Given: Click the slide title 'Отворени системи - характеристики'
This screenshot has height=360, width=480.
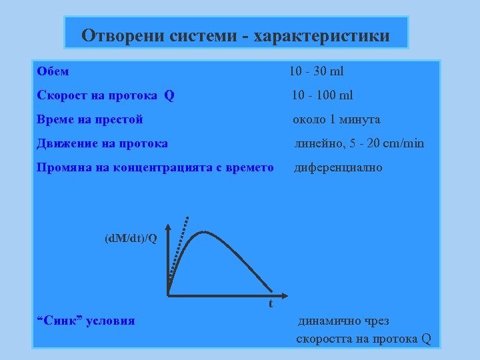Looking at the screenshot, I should (x=235, y=35).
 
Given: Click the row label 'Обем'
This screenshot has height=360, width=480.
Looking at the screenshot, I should (x=53, y=71).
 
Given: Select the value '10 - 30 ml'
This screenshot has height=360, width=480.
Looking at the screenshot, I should (x=316, y=71).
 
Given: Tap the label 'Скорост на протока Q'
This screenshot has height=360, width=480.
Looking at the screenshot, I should (x=105, y=95).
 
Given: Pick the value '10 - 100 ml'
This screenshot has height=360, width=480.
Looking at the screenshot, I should (x=323, y=95).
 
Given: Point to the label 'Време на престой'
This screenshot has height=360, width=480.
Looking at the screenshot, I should (x=90, y=119).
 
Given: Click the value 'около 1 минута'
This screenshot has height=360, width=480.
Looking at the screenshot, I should (x=337, y=119).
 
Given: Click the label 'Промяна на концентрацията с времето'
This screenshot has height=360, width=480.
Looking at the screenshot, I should (x=155, y=167).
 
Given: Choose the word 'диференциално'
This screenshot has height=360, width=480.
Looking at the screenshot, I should (x=339, y=167).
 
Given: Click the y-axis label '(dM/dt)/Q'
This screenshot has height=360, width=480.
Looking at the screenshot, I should (x=131, y=238).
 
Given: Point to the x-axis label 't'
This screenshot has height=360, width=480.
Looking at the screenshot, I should (x=271, y=304).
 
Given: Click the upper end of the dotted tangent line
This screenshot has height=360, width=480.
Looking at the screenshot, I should (x=189, y=217).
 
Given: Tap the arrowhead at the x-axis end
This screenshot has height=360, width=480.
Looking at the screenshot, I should (x=280, y=294).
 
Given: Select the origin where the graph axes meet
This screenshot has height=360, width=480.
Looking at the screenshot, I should (x=168, y=294).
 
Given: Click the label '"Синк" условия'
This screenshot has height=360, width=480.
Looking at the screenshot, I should (x=85, y=321).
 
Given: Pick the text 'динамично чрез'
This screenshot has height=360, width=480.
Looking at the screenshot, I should (x=343, y=321).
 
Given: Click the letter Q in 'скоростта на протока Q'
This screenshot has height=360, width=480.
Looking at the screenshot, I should (x=426, y=339).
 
